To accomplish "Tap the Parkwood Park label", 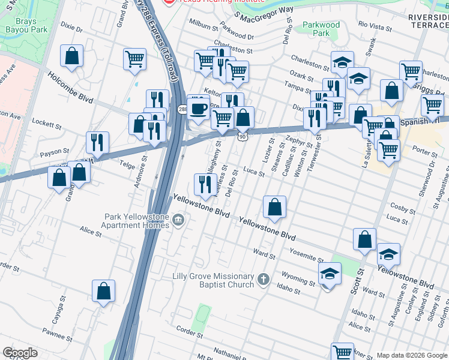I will point(321,29).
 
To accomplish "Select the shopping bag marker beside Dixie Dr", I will point(71,57).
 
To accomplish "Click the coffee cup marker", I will point(198,109).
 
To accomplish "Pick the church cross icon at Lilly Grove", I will point(263,280).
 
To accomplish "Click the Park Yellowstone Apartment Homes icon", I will point(178,221).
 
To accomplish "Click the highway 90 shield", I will point(241,137).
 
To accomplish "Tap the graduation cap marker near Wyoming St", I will point(330,275).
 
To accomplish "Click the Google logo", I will point(19,353).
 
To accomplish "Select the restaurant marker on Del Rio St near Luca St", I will point(206,184).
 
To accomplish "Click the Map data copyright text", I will point(412,355).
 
